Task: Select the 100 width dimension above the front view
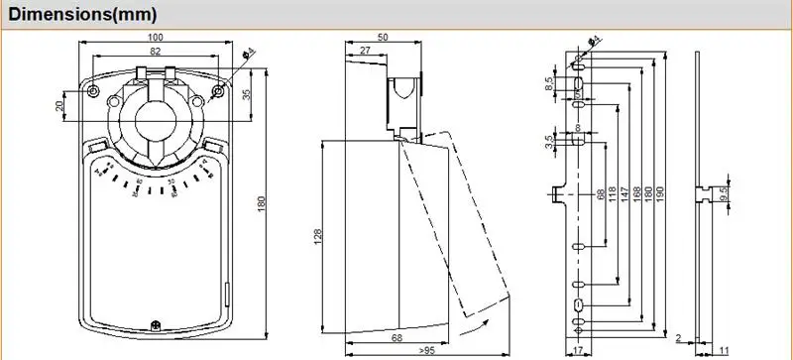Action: (x=157, y=37)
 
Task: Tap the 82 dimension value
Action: (x=157, y=51)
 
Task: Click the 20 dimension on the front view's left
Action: (x=60, y=104)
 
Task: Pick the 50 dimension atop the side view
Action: (x=383, y=37)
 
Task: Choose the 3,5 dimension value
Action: (x=549, y=142)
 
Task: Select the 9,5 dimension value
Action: (x=725, y=194)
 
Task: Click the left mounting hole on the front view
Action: (x=93, y=91)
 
